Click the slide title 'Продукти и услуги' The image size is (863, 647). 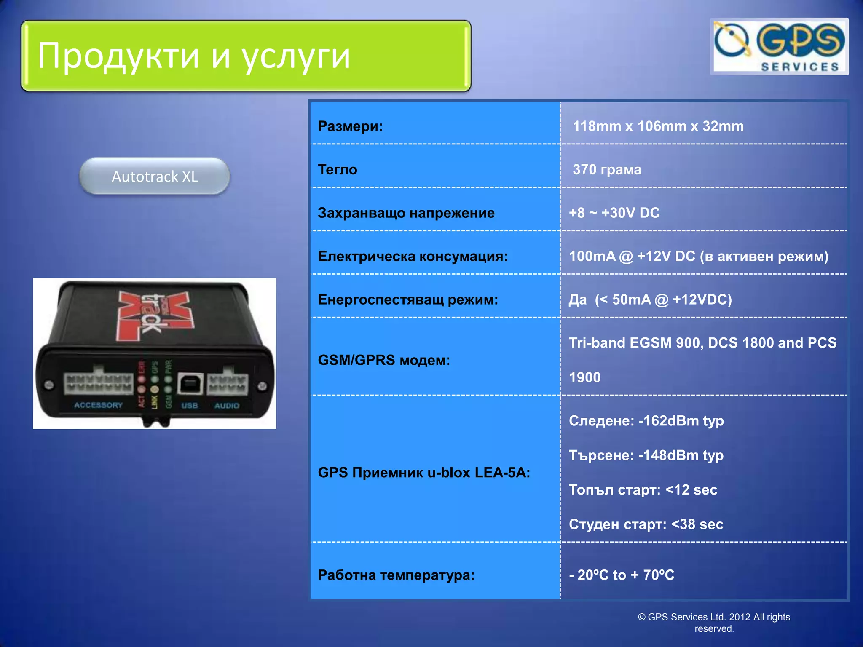194,56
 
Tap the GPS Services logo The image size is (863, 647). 779,46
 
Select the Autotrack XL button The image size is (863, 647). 155,176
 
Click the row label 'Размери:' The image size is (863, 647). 350,126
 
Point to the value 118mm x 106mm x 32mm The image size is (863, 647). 658,126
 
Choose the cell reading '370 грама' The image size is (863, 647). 607,169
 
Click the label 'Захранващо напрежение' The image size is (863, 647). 406,213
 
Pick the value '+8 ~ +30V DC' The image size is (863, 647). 614,213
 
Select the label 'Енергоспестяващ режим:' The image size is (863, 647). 407,299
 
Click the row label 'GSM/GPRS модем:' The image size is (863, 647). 383,360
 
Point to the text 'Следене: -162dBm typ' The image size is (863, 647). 646,420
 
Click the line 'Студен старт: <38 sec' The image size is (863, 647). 646,524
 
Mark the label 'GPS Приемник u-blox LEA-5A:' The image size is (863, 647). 423,472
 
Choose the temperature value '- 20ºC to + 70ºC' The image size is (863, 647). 622,575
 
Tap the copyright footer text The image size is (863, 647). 714,623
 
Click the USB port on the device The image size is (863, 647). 190,384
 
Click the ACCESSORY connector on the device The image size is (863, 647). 98,383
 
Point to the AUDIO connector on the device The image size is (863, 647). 227,383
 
